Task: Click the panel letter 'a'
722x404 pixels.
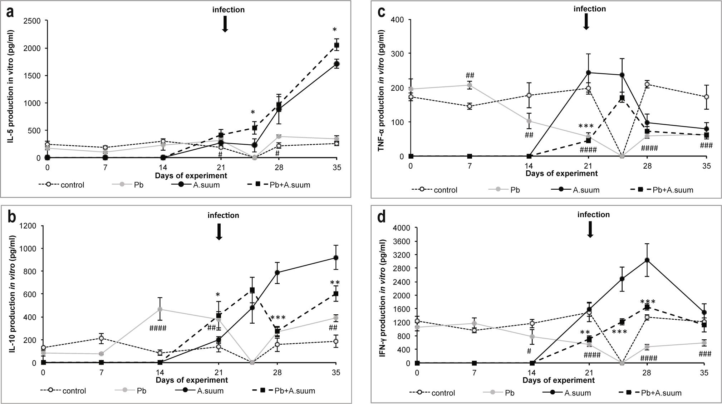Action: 11,13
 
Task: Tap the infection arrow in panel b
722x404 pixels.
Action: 219,232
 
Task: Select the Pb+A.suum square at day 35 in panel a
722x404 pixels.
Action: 337,45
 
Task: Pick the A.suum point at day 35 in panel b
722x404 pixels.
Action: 336,258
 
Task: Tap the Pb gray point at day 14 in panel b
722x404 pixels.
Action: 160,309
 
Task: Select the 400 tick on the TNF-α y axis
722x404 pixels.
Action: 398,19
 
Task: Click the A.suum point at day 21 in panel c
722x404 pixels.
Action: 588,73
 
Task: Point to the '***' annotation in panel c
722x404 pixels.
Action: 586,126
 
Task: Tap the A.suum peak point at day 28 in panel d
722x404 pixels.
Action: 647,260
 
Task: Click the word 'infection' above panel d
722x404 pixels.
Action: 594,215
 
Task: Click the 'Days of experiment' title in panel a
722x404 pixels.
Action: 191,176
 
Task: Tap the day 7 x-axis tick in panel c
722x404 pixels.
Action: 470,166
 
